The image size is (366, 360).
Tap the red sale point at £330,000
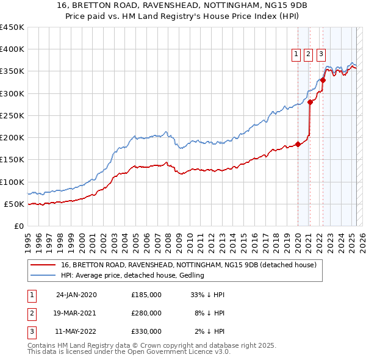[x=323, y=80]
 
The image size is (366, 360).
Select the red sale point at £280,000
[x=310, y=102]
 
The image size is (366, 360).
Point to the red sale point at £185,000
[x=298, y=144]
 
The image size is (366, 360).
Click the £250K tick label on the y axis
[x=12, y=115]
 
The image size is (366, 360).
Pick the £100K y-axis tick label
[x=12, y=182]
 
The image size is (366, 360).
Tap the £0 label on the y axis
[x=18, y=226]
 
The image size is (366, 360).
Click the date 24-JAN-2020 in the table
[x=76, y=295]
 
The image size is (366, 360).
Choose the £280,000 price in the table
[x=146, y=313]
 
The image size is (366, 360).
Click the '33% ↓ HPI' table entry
[x=207, y=295]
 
